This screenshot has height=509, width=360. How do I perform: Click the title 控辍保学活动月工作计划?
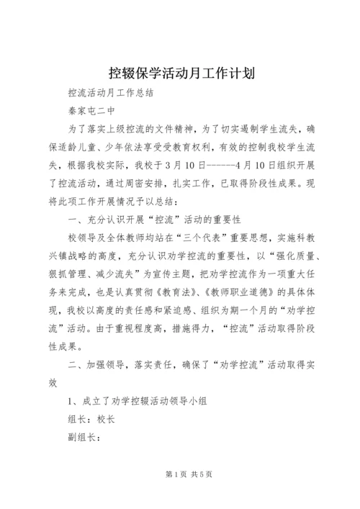click(x=179, y=73)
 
